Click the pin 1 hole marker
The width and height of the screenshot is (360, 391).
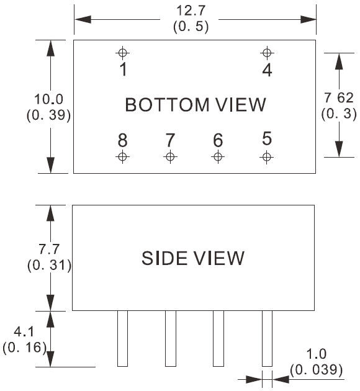(122, 53)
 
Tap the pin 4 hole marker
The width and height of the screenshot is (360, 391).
(267, 53)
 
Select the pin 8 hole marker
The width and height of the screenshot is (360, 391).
(122, 157)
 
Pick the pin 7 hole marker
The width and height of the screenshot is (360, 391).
(170, 157)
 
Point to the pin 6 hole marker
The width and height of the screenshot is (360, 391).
(218, 157)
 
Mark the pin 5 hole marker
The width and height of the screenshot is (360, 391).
(266, 157)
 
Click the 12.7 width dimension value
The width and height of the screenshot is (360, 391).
(191, 11)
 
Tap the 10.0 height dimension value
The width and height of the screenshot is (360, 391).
(49, 99)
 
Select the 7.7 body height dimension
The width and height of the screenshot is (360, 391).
(49, 249)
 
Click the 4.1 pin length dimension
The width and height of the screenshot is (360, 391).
(24, 332)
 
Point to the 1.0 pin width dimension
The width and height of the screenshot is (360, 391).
(316, 354)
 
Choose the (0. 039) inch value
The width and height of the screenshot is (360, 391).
(316, 370)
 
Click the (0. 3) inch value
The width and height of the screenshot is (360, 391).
(339, 114)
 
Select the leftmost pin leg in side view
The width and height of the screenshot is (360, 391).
(122, 338)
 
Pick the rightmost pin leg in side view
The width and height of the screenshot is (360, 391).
(267, 338)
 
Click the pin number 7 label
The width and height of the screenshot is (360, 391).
(170, 140)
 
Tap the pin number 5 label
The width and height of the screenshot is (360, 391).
(267, 138)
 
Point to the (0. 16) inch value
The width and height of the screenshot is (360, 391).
(24, 348)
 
